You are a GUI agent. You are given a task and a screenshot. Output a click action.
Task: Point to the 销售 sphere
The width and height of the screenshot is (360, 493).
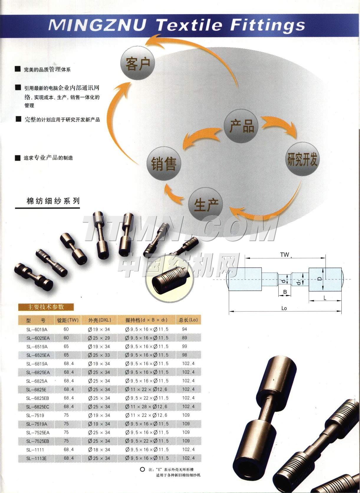click(x=164, y=164)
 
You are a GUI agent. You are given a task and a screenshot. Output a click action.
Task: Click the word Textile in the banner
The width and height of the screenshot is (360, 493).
click(x=189, y=25)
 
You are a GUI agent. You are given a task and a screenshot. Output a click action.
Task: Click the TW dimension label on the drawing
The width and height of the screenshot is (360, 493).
click(x=285, y=255)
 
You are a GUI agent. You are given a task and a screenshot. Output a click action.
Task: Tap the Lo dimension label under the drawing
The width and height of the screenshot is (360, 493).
click(x=284, y=308)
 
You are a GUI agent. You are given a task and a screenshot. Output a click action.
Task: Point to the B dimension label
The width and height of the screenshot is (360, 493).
click(x=285, y=292)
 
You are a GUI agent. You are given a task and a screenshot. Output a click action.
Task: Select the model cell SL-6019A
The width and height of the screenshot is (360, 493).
click(x=37, y=329)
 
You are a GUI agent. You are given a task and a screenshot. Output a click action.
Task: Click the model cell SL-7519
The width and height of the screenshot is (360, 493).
click(x=35, y=415)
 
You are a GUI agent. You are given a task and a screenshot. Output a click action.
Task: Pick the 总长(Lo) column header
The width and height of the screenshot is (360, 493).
click(x=188, y=320)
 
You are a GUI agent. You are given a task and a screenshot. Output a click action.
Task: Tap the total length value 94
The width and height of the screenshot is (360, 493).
click(x=185, y=329)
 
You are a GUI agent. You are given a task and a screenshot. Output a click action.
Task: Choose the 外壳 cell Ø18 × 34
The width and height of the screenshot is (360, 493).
click(x=99, y=450)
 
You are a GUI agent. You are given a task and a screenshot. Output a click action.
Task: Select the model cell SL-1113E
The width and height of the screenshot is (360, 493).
click(x=36, y=458)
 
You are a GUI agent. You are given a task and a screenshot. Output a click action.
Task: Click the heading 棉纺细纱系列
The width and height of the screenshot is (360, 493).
click(x=53, y=201)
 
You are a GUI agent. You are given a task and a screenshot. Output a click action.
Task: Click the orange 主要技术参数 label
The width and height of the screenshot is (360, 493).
click(x=46, y=307)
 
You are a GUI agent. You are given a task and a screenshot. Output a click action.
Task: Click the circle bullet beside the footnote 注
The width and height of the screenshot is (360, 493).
click(x=142, y=469)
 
